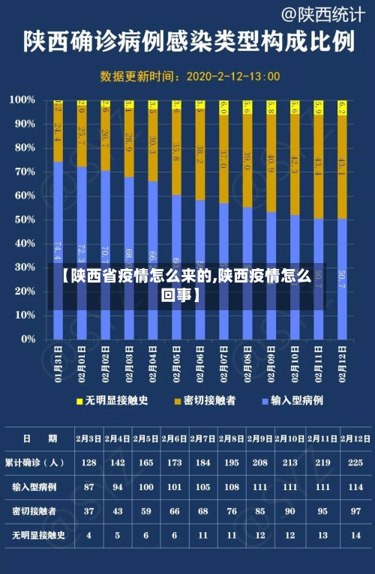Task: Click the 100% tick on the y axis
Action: [23, 100]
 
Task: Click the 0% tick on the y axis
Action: [28, 339]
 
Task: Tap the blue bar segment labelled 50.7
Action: [343, 279]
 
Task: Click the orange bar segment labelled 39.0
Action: [247, 161]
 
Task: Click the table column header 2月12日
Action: [357, 438]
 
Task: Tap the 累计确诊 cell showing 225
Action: [357, 462]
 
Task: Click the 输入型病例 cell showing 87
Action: [89, 486]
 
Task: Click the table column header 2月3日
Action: [89, 438]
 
